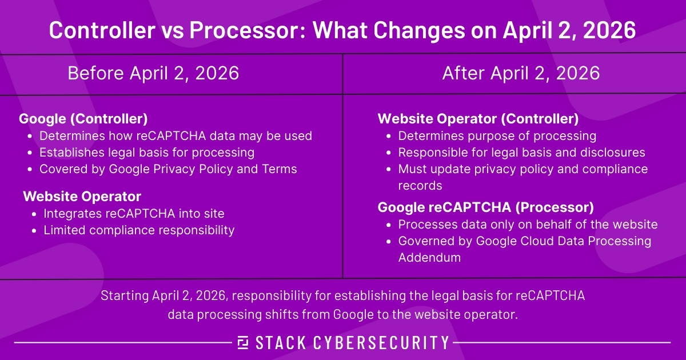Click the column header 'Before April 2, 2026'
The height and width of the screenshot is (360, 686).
153,74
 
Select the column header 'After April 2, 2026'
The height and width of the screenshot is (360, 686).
521,74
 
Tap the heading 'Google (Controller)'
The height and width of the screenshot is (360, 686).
83,119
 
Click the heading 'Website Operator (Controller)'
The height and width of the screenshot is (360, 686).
478,119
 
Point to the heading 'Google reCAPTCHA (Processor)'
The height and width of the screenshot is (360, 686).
486,206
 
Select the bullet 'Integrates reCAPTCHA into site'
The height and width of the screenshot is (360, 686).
134,213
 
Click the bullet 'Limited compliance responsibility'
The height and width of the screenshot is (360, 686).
139,230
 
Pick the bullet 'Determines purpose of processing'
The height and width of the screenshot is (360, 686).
497,136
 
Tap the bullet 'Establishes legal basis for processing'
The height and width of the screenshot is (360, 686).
147,153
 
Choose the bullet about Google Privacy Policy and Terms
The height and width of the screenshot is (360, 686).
168,169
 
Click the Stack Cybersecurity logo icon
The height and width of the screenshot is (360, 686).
243,342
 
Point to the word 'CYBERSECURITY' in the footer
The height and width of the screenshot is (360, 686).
381,342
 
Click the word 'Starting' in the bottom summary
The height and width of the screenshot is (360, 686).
124,296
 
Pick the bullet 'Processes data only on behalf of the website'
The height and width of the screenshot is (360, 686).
528,224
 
